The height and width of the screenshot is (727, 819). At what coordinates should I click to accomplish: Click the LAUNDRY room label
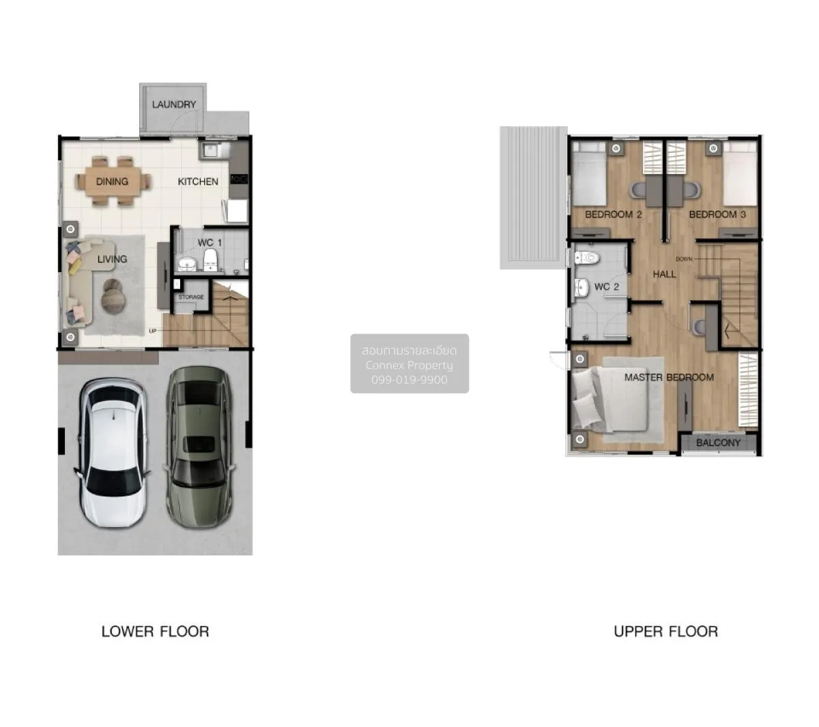174,104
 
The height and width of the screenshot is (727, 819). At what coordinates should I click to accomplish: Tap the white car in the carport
113,452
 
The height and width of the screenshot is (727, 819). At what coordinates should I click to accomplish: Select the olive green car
199,447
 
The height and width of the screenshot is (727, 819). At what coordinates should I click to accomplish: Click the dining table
113,181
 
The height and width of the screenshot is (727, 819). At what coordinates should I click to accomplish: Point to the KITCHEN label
198,181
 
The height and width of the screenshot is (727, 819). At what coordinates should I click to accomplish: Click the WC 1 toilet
210,259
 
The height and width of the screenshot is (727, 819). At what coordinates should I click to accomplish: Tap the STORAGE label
191,297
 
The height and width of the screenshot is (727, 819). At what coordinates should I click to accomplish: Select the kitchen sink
210,150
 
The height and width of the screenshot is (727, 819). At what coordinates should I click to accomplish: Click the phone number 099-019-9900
409,380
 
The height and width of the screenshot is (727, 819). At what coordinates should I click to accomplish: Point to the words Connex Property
409,365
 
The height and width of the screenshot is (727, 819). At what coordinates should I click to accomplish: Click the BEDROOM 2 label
613,214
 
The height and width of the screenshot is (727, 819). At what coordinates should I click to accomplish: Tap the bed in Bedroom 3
739,173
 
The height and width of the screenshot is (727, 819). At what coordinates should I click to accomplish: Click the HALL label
664,274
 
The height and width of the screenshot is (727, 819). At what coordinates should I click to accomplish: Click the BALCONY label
718,443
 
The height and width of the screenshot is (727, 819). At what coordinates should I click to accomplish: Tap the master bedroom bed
611,399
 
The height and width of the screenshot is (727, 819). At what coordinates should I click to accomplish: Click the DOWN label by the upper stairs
684,259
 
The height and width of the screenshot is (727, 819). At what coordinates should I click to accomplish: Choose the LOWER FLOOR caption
155,632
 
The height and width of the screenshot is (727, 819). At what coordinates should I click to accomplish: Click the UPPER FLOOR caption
666,632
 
